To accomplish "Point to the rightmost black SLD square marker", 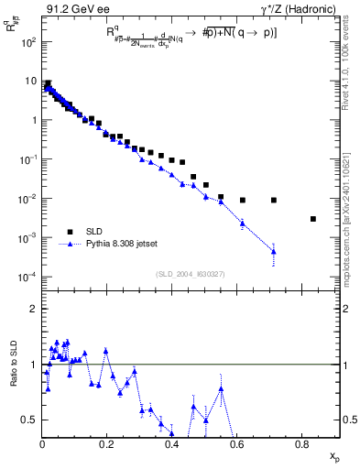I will point(313,219).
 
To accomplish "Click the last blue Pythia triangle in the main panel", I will point(274,251).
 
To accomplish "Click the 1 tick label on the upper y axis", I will point(33,120).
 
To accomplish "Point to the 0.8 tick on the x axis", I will point(302,444).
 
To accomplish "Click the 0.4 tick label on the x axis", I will point(172,444).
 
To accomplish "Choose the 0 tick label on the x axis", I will point(43,444).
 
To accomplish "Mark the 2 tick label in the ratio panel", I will point(33,309).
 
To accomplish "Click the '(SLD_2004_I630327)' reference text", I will point(191,274).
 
